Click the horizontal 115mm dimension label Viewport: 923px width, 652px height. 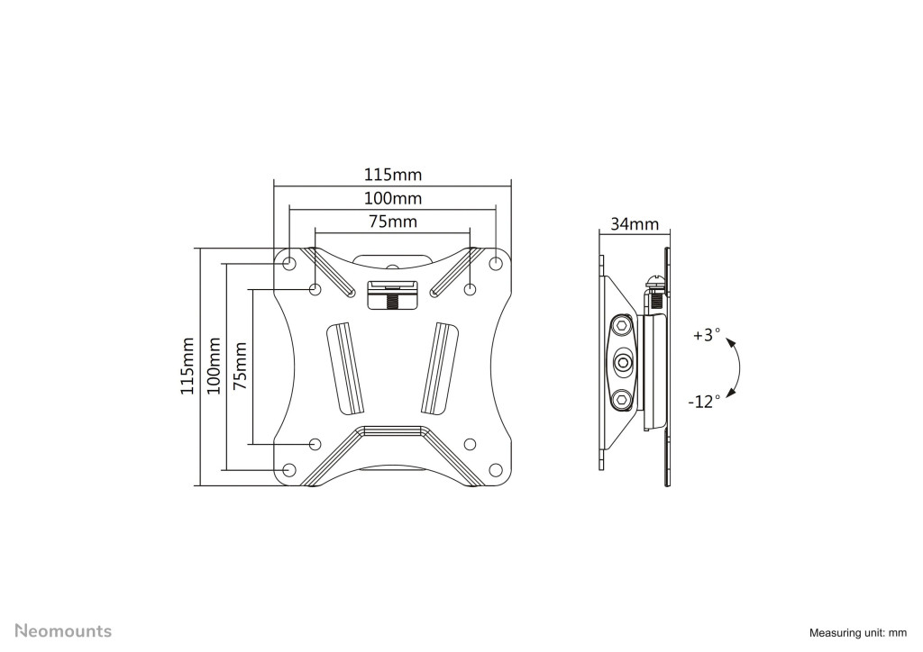(x=393, y=175)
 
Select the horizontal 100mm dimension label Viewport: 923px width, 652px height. (x=393, y=198)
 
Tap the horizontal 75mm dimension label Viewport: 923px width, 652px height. (x=393, y=222)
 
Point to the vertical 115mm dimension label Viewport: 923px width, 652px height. (x=187, y=366)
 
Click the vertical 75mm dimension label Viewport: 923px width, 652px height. (x=240, y=367)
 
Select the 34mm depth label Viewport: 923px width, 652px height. (x=635, y=224)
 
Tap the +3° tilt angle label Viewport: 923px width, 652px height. (x=707, y=335)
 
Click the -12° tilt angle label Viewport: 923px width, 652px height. (x=705, y=402)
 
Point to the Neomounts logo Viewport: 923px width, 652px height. (x=63, y=630)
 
